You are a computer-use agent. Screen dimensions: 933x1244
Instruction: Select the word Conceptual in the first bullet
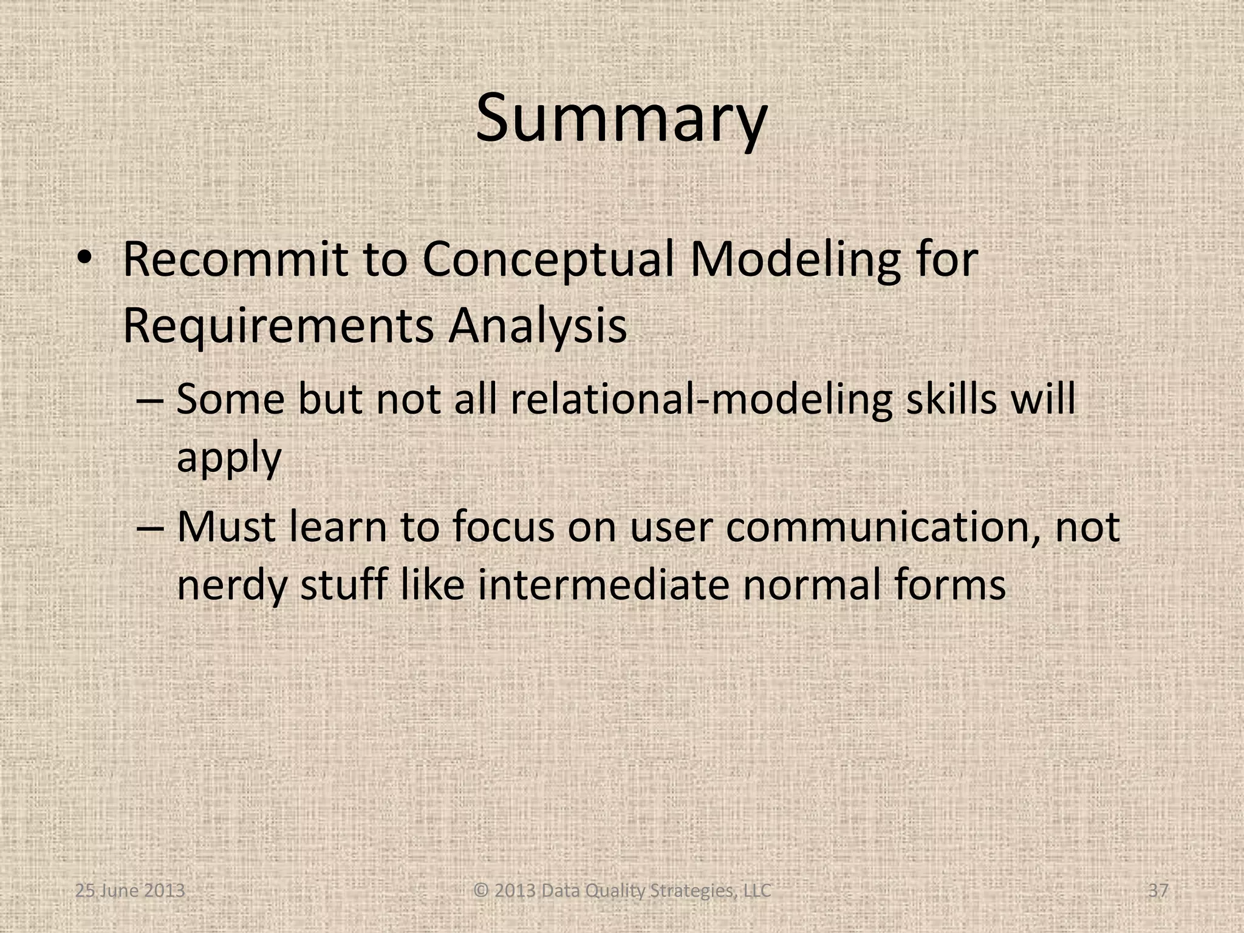pyautogui.click(x=548, y=260)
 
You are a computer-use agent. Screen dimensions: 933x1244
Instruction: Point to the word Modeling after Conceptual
pyautogui.click(x=795, y=260)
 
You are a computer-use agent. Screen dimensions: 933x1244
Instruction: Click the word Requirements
pyautogui.click(x=278, y=327)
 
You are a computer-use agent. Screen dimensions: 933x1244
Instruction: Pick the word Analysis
pyautogui.click(x=538, y=327)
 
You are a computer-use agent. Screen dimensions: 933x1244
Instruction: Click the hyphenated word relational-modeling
pyautogui.click(x=702, y=400)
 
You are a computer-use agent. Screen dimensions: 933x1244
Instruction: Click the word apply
pyautogui.click(x=229, y=458)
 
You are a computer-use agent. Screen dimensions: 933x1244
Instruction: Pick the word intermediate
pyautogui.click(x=603, y=584)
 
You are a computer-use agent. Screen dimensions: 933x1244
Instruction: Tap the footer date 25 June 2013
pyautogui.click(x=130, y=890)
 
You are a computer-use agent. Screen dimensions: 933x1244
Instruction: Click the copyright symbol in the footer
pyautogui.click(x=480, y=891)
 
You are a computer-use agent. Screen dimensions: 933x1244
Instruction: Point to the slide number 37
pyautogui.click(x=1158, y=890)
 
